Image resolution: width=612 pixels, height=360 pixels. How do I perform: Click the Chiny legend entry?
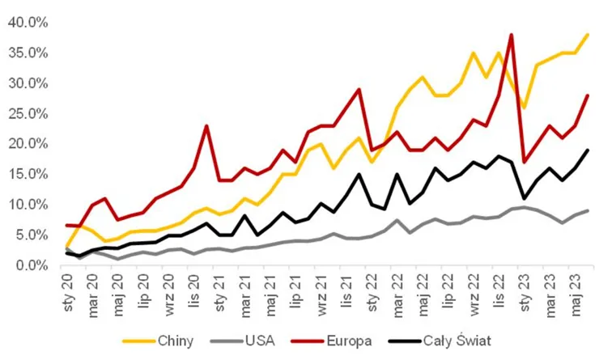click(158, 341)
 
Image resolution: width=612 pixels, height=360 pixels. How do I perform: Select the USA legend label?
click(243, 341)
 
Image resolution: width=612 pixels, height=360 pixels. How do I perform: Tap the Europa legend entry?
click(331, 341)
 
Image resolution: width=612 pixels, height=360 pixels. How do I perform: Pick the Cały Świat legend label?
click(440, 341)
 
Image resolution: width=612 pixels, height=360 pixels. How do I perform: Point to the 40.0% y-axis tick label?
click(28, 23)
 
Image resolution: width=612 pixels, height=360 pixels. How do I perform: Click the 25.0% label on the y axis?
click(28, 114)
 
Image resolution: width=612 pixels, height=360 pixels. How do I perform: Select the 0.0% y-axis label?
click(32, 266)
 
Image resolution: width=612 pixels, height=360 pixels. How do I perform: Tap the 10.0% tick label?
click(28, 205)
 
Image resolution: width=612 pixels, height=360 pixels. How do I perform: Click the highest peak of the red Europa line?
click(511, 35)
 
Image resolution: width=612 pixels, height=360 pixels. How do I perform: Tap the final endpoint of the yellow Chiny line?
click(588, 35)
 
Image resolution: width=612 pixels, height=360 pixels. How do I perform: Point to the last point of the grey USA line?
click(588, 210)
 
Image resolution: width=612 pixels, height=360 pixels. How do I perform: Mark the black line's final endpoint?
click(588, 150)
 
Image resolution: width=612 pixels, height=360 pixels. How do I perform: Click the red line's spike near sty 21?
click(206, 125)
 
